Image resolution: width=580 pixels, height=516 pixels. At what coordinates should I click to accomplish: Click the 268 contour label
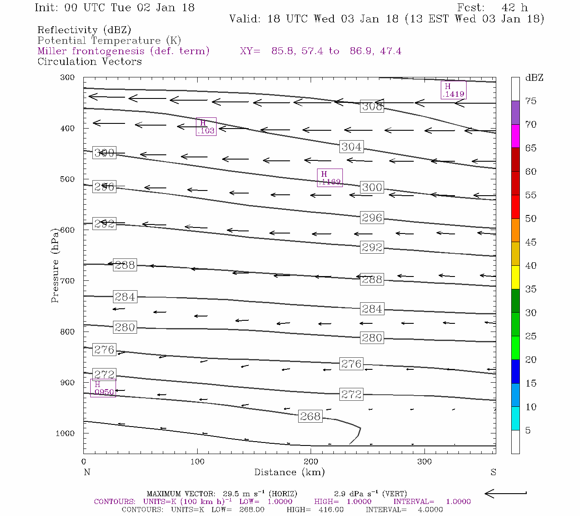(x=310, y=416)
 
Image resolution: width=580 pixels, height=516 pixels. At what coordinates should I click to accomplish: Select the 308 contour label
(x=372, y=107)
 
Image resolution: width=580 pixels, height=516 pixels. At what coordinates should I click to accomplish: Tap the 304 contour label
(x=351, y=147)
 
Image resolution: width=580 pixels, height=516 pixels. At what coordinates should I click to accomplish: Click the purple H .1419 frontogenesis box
(x=453, y=90)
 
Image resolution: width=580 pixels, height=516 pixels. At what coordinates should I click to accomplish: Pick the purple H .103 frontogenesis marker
(x=206, y=127)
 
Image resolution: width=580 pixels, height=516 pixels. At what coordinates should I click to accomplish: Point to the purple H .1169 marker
(x=330, y=178)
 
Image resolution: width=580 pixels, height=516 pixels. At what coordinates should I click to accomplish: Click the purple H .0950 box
(x=103, y=388)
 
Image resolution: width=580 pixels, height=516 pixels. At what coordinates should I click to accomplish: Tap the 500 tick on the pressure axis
(x=67, y=179)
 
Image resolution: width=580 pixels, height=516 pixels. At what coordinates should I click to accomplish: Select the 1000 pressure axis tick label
(x=65, y=433)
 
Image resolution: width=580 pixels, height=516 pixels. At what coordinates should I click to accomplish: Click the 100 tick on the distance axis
(x=197, y=462)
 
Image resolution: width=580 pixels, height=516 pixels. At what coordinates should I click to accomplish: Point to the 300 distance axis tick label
(x=424, y=462)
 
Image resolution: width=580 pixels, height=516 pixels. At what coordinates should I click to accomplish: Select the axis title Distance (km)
(x=289, y=472)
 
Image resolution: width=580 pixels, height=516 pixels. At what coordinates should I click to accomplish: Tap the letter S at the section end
(x=493, y=472)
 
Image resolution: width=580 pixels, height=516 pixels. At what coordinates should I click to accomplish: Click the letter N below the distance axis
(x=87, y=472)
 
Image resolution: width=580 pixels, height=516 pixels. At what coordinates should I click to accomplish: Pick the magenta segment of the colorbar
(x=515, y=136)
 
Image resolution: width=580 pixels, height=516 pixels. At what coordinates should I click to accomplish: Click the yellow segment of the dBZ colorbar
(x=515, y=277)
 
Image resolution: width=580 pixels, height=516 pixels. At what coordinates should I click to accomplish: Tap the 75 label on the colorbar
(x=531, y=101)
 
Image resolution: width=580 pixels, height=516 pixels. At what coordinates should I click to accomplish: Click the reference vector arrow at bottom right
(x=506, y=494)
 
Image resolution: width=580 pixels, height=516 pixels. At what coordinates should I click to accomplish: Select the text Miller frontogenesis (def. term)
(x=123, y=51)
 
